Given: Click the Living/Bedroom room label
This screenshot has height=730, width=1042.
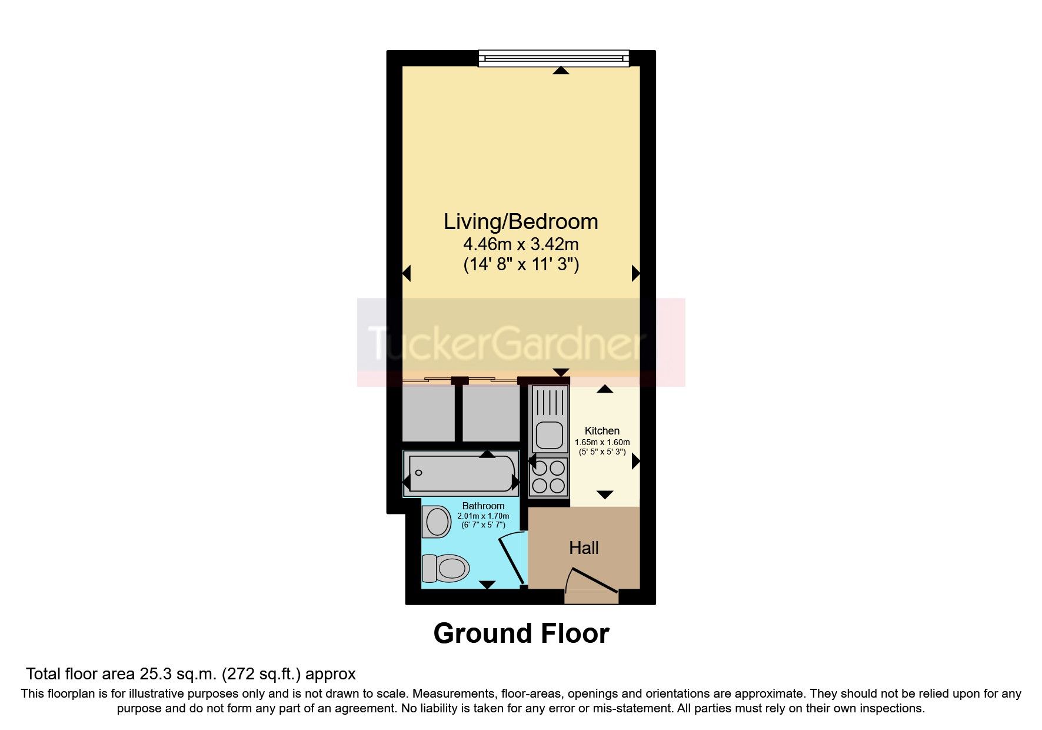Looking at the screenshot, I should tap(521, 222).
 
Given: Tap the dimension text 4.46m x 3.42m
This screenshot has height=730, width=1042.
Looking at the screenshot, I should tap(521, 244).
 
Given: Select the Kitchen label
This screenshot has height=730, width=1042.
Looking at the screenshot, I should tap(602, 431).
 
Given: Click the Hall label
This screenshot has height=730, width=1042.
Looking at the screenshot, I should tap(584, 548).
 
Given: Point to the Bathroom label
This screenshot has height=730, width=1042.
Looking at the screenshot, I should tap(483, 506).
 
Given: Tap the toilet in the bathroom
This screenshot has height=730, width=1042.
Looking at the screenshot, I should tap(446, 569).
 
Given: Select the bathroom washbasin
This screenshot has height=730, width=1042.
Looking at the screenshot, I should tap(437, 522).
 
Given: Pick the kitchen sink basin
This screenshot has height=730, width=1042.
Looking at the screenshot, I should tap(549, 436).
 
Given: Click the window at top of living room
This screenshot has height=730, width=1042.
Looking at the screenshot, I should tap(553, 58).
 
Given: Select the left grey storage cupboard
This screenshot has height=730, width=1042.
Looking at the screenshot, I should tap(428, 413).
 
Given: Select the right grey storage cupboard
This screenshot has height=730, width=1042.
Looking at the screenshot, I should tap(491, 413).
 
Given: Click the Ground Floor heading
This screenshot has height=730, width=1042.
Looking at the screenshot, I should tap(521, 633).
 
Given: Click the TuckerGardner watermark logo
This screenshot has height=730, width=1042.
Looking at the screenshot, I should tap(521, 342).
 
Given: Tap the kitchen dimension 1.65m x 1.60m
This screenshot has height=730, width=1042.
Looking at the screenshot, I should tap(602, 442).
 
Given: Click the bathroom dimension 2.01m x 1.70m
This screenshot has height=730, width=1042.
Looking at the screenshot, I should tap(483, 516).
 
